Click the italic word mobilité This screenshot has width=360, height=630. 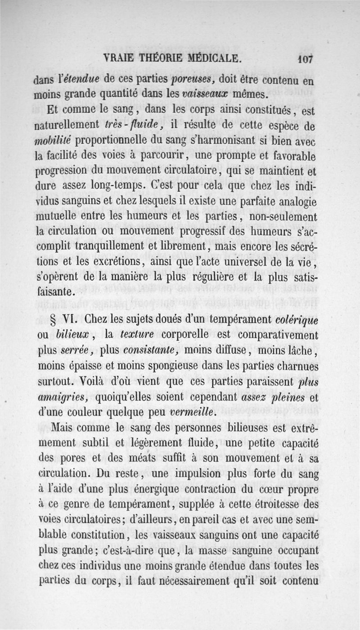click(x=52, y=140)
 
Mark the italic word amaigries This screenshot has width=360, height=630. click(x=62, y=397)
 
